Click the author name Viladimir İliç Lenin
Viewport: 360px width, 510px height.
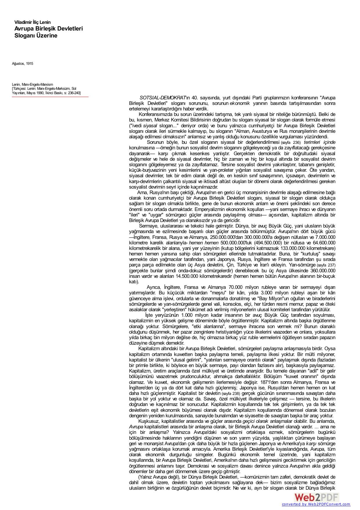(x=33, y=22)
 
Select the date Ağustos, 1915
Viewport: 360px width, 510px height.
(x=22, y=63)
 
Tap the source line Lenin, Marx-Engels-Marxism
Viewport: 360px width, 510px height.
(x=33, y=84)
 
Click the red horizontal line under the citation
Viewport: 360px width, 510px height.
(x=50, y=97)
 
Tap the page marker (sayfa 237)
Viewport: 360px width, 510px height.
(x=326, y=265)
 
